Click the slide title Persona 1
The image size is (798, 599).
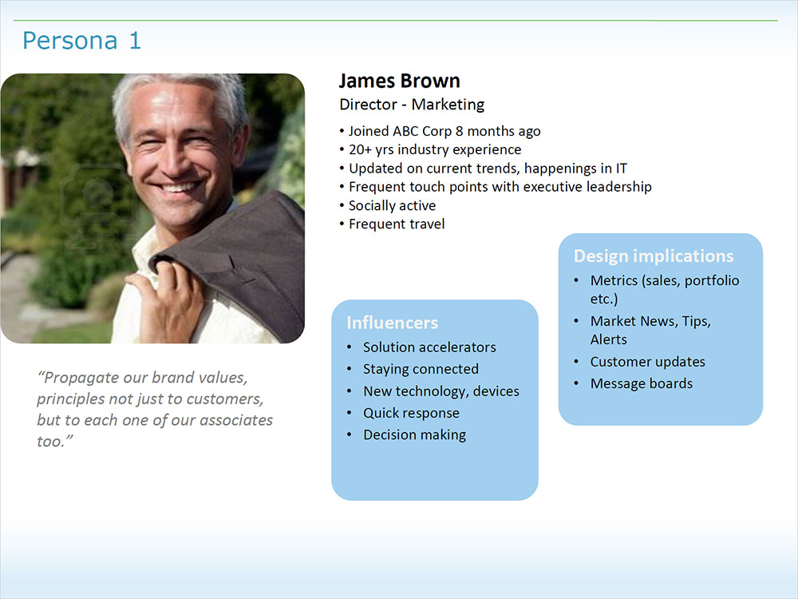point(81,41)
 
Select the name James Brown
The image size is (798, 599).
point(400,81)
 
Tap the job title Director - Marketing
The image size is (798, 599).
point(412,105)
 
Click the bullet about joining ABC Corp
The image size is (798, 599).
point(440,132)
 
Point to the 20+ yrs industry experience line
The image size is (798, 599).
point(431,150)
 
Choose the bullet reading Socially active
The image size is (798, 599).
point(388,206)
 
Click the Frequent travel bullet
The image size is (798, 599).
point(392,224)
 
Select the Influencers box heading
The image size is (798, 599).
point(392,323)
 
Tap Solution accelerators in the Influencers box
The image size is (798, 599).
point(429,347)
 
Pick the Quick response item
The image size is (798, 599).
point(411,413)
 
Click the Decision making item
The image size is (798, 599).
point(414,435)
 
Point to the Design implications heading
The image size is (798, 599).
point(654,256)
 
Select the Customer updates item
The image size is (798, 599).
point(647,362)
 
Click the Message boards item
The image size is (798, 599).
point(642,383)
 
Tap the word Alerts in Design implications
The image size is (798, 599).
point(609,339)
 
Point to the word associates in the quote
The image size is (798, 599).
point(235,420)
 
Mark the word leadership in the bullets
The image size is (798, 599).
point(619,187)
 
